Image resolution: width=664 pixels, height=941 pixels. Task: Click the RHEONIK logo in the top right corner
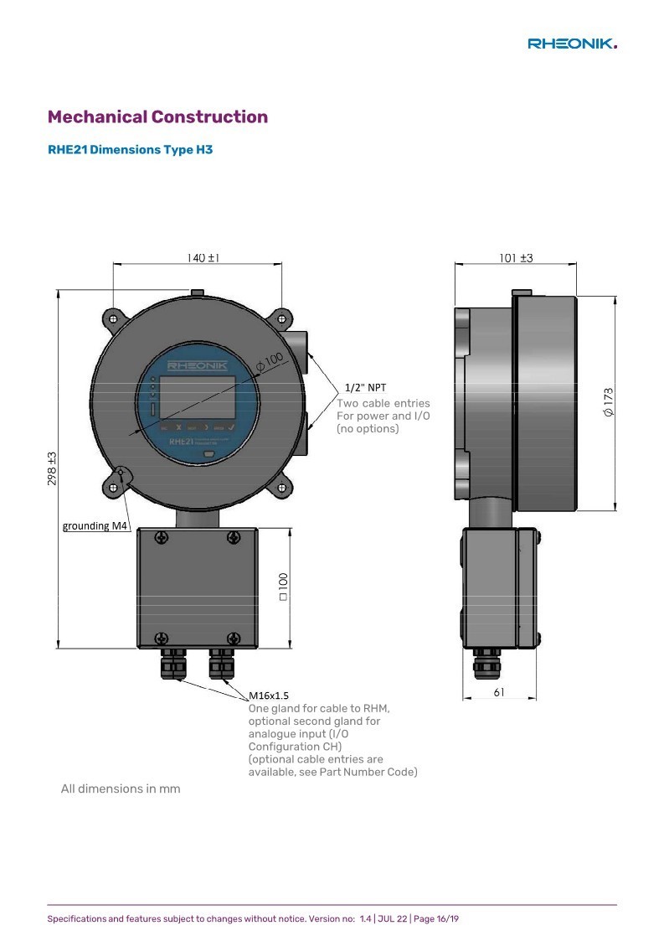coord(572,44)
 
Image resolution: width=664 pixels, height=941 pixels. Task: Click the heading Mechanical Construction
coord(157,116)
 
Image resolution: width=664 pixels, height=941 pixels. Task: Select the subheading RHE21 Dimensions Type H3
coord(130,149)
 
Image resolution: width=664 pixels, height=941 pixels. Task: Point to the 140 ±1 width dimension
coord(203,257)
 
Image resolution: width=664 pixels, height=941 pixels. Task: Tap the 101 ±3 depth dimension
coord(516,257)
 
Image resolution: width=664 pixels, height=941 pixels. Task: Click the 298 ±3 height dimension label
coord(52,468)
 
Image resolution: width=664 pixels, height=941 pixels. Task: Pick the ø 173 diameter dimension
coord(608,402)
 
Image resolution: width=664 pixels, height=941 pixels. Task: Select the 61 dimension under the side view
coord(499,692)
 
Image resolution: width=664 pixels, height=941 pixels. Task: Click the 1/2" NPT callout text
coord(365,388)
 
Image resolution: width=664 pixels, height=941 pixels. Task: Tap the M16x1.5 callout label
coord(269,695)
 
